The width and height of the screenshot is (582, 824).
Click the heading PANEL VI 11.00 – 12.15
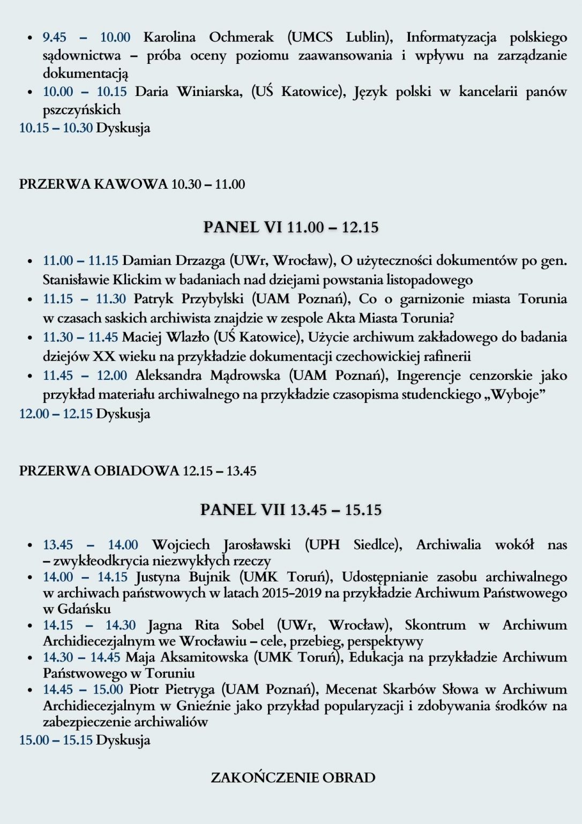click(290, 227)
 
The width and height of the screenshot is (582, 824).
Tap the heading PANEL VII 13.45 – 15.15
click(290, 509)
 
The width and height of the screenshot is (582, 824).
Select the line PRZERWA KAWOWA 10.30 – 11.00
click(132, 184)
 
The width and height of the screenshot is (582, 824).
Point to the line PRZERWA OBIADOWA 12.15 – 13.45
click(138, 470)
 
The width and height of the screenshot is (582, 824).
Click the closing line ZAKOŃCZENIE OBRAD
click(293, 777)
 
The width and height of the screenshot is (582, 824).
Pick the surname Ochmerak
click(241, 37)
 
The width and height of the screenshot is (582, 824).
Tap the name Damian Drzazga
click(174, 261)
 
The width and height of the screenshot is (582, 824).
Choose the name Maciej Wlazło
click(166, 337)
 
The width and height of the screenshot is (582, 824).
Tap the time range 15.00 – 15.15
click(56, 740)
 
